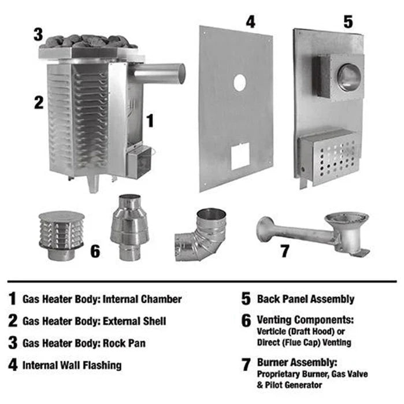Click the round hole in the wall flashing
click(x=239, y=83)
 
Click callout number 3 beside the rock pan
click(x=38, y=34)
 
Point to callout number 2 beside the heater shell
click(x=38, y=102)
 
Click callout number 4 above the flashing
click(x=250, y=22)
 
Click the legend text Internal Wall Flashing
click(x=72, y=365)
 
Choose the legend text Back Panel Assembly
click(x=306, y=299)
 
